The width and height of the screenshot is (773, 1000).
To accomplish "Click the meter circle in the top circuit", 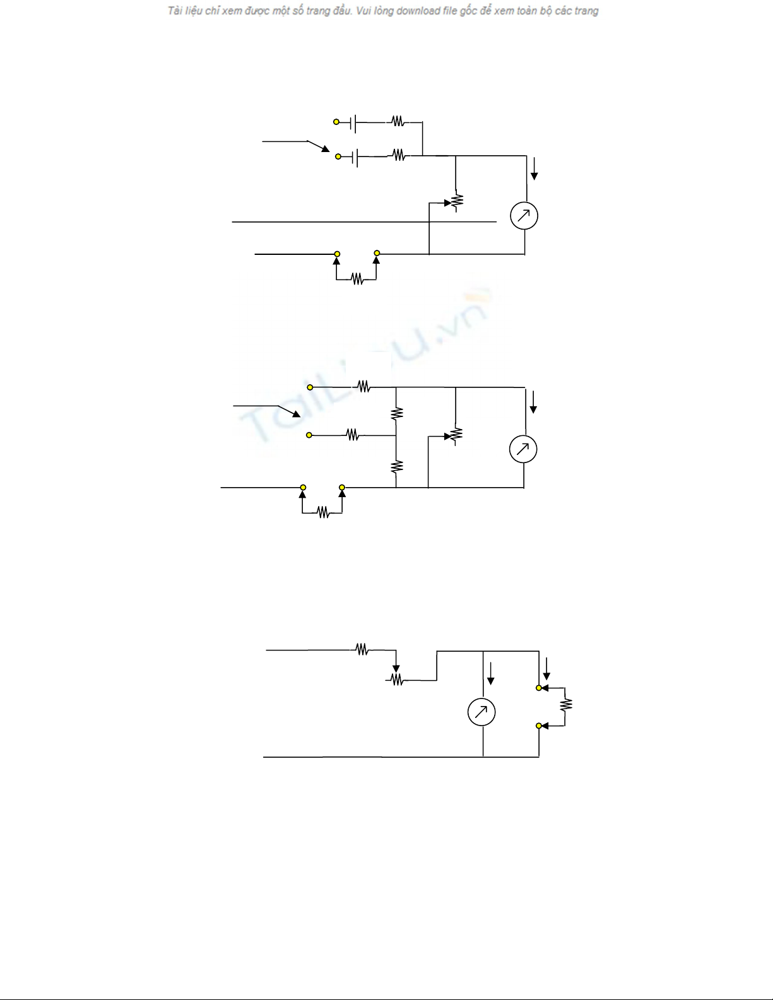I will [524, 216].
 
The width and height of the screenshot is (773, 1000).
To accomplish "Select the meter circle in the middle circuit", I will [523, 449].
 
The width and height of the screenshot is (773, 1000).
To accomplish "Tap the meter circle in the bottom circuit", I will [481, 712].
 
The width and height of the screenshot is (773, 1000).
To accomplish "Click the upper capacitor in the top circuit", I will [354, 123].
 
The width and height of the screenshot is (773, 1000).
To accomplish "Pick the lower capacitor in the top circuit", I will [356, 156].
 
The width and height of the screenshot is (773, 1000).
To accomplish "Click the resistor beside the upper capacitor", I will [398, 121].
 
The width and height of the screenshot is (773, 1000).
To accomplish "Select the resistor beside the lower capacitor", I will [399, 155].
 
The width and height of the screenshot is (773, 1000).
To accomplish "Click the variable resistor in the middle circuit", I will [456, 435].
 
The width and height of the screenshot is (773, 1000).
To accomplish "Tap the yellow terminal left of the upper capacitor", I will [336, 122].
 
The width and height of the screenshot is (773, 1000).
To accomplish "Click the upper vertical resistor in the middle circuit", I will [396, 413].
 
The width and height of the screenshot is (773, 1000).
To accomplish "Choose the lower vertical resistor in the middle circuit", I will [396, 467].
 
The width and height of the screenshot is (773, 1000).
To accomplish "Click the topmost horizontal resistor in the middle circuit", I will [363, 387].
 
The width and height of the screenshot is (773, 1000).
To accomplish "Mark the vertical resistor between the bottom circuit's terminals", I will [566, 704].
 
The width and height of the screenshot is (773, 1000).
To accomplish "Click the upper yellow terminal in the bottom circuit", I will [539, 688].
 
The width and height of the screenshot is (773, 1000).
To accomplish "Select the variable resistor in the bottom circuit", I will [396, 679].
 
